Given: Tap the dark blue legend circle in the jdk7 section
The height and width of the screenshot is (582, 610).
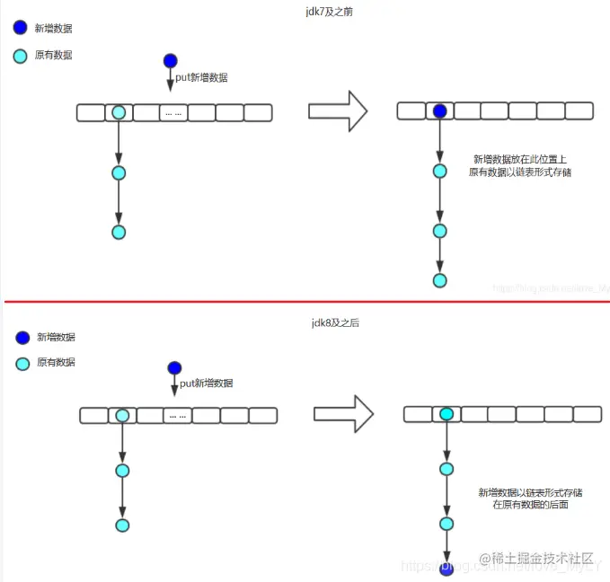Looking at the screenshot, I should click(21, 28).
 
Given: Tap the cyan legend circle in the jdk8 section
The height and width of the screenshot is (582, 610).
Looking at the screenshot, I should click(21, 364).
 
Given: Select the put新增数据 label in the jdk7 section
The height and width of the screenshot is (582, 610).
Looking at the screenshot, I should click(201, 77).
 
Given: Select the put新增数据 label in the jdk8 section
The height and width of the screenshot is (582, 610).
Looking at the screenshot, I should click(206, 384).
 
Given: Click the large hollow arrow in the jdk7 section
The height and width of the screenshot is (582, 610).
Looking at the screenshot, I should click(338, 110).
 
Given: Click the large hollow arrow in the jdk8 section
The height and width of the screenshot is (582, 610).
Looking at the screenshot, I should click(343, 414).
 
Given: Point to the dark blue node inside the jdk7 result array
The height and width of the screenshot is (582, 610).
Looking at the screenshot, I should click(439, 111).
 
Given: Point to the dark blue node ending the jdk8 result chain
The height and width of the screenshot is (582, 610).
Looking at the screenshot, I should click(446, 570).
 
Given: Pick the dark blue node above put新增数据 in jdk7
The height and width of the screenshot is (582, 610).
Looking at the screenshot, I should click(171, 61).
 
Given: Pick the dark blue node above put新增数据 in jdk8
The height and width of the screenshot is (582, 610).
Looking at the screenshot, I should click(174, 367).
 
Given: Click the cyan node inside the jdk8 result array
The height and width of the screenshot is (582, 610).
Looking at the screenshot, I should click(446, 414).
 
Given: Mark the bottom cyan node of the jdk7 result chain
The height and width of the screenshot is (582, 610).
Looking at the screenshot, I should click(439, 280).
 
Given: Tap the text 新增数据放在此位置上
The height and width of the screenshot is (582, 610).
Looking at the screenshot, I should click(519, 158).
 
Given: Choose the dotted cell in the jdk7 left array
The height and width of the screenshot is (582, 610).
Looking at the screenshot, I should click(173, 113).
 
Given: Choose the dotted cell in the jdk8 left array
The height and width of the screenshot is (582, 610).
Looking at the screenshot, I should click(177, 416).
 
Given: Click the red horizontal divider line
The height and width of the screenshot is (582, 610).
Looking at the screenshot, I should click(305, 302).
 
